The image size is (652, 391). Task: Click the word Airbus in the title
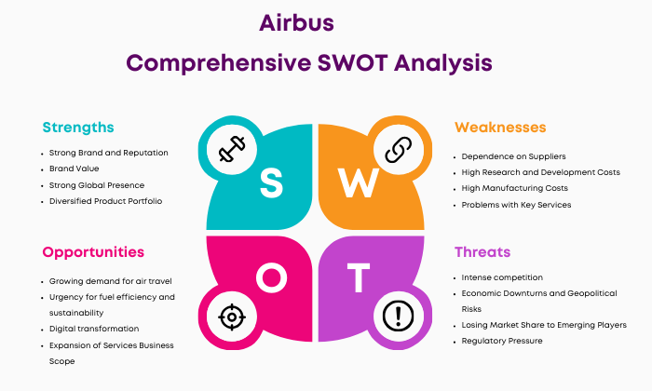(296, 23)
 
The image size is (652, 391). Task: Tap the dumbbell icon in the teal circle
(232, 149)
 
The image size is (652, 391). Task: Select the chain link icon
(398, 150)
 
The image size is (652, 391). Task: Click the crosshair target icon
(232, 317)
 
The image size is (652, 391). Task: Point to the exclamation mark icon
(398, 317)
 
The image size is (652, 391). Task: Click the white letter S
(271, 182)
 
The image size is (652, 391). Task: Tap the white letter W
(358, 182)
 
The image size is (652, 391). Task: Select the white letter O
(272, 277)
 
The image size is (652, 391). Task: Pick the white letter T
(359, 277)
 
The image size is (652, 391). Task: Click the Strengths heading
(78, 128)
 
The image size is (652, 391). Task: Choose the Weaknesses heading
(500, 128)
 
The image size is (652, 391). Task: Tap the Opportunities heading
(93, 252)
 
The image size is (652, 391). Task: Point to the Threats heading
(482, 251)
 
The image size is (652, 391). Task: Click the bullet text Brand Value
(74, 169)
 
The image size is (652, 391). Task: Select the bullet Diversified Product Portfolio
(105, 201)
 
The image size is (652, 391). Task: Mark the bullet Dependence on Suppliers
(513, 156)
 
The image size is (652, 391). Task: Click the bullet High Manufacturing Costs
(515, 188)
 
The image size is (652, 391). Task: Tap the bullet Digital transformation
(94, 329)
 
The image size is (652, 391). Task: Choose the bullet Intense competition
(502, 277)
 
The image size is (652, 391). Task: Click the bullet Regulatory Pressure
(502, 341)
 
